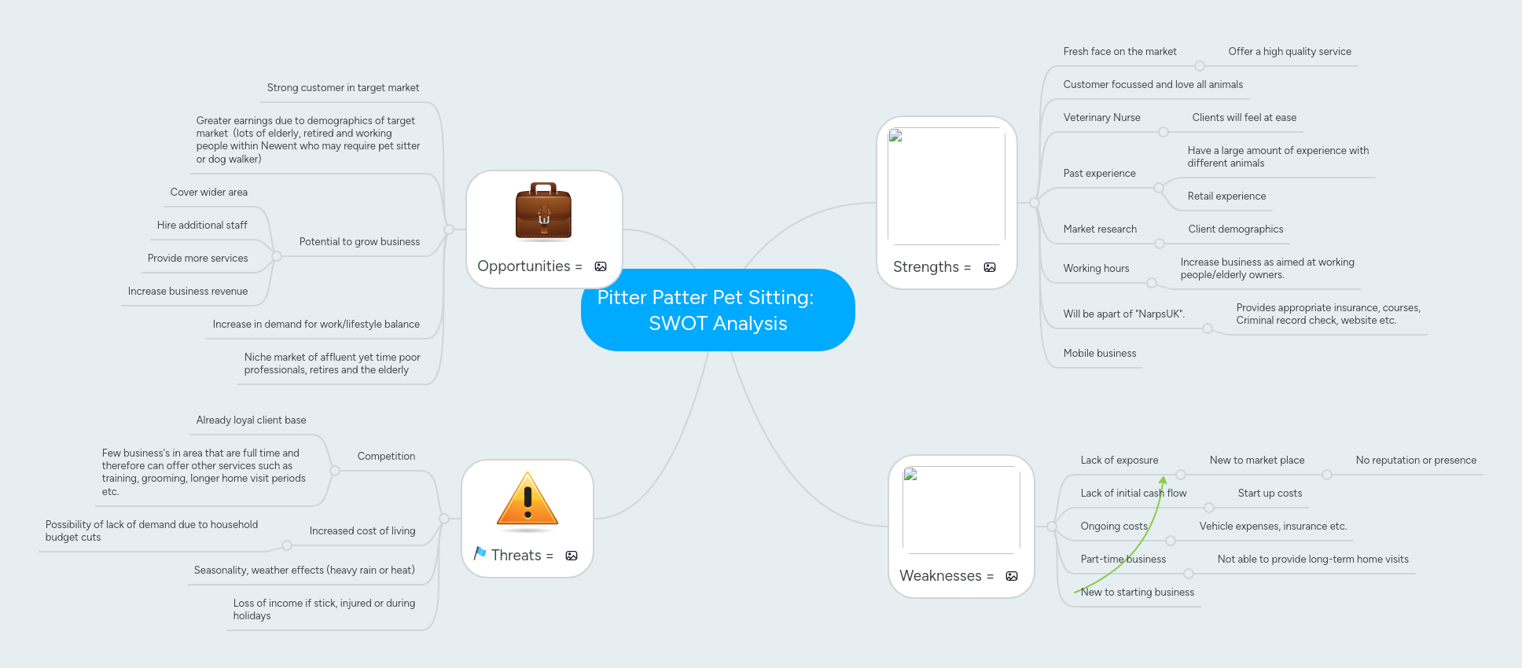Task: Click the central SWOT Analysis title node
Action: pos(717,310)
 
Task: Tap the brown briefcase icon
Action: pos(543,211)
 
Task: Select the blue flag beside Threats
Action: pos(480,553)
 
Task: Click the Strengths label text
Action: pos(925,267)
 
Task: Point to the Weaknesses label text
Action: pos(939,576)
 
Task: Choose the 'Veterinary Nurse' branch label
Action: pos(1101,118)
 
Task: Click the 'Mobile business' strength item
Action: pos(1099,354)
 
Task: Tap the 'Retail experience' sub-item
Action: pos(1226,196)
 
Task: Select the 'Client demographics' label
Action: pos(1235,229)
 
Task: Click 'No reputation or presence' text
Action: pos(1415,461)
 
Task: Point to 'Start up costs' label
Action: pos(1270,494)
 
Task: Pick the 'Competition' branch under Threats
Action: pos(386,457)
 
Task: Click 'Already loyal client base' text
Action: pos(251,420)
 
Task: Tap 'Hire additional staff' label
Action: pos(202,226)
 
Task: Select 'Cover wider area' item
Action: pos(208,193)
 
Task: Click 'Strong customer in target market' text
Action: pos(343,88)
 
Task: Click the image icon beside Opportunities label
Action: pos(601,266)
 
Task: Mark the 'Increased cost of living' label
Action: pos(362,531)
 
